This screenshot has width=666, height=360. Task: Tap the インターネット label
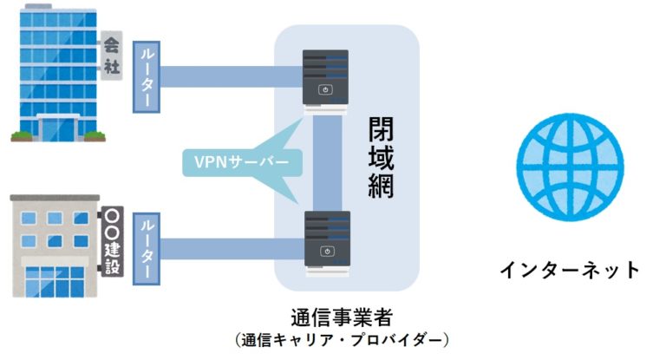[x=569, y=270]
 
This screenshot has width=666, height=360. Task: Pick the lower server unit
[x=326, y=242]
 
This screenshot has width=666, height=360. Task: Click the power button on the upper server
[x=326, y=90]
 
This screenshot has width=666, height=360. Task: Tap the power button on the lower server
[x=326, y=252]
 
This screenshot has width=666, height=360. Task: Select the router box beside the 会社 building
[x=145, y=77]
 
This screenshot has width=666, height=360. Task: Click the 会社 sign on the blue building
[x=111, y=55]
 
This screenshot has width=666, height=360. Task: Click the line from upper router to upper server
[x=230, y=77]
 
